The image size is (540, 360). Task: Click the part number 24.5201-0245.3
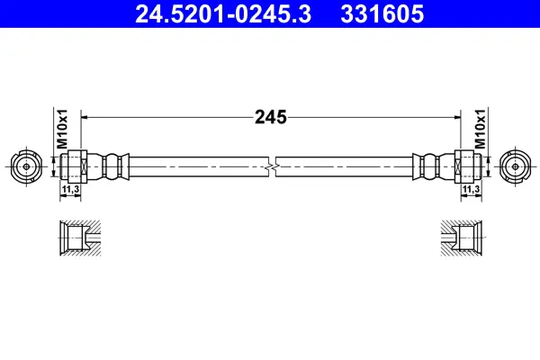(x=223, y=14)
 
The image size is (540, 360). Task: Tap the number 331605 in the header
(x=382, y=14)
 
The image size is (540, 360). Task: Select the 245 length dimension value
(x=271, y=117)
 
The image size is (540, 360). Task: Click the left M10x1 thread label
(x=63, y=130)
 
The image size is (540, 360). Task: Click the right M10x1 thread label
(x=480, y=130)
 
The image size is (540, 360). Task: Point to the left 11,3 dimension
(x=70, y=189)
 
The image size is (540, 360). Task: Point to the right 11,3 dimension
(x=471, y=189)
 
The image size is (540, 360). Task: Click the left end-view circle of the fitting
(x=26, y=166)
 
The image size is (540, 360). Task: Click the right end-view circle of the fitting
(x=515, y=166)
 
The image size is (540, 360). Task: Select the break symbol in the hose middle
(x=272, y=166)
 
